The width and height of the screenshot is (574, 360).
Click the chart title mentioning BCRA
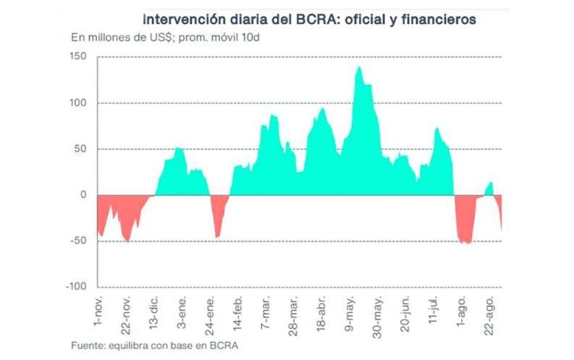point(309,20)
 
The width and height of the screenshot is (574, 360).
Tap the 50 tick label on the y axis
point(82,148)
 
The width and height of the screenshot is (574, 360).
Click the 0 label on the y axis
point(85,195)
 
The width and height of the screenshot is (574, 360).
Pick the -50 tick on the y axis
point(79,241)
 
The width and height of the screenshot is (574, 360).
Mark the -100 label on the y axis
point(76,287)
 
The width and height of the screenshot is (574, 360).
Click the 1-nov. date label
point(100,310)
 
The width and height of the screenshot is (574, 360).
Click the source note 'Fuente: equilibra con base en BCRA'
point(154,345)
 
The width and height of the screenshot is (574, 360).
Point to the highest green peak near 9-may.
point(359,68)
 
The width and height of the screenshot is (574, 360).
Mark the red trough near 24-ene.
point(218,235)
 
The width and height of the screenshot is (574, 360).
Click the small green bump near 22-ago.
point(491,184)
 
